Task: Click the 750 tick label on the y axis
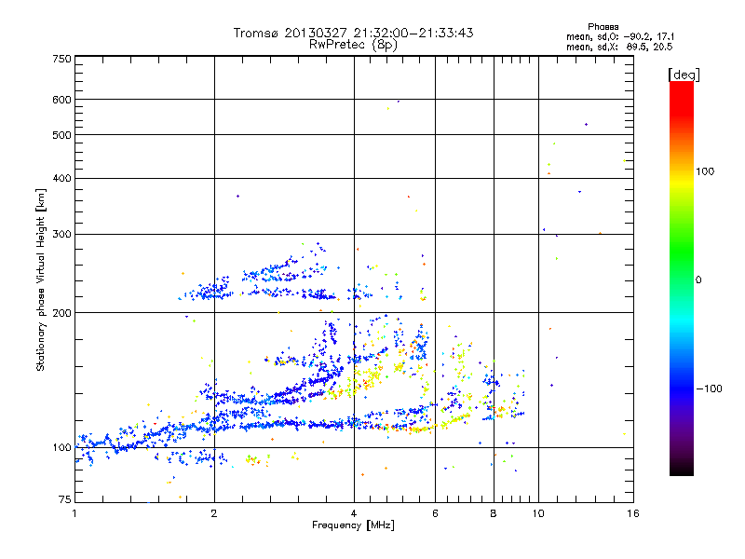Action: pos(61,59)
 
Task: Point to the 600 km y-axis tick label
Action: pos(61,100)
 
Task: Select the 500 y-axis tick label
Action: pos(61,135)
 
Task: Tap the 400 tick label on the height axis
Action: pos(61,179)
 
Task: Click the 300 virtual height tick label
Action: pos(61,234)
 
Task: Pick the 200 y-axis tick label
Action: pos(61,313)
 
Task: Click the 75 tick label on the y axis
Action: pos(64,500)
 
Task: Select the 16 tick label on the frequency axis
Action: pos(632,513)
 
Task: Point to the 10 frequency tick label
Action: pos(538,513)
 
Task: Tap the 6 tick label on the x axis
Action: pos(436,513)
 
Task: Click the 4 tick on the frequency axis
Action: pos(354,513)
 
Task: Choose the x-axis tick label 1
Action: pos(74,513)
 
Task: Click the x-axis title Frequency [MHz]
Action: pos(354,526)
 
